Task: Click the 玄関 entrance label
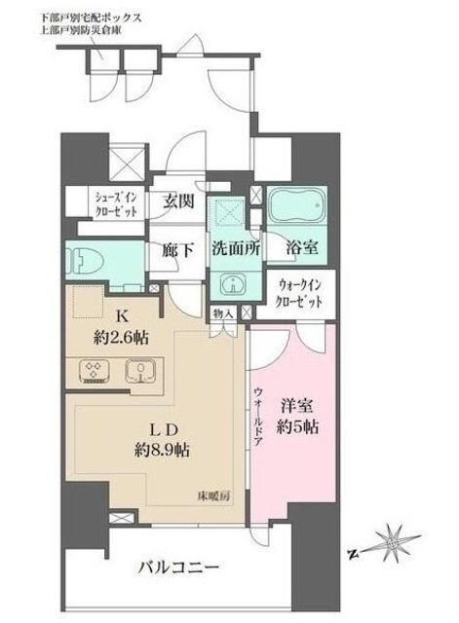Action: click(177, 202)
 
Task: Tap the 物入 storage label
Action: click(222, 313)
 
